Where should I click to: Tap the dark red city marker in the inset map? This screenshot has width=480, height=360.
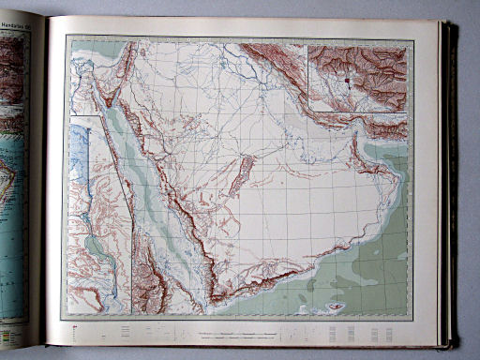coord(346,82)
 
